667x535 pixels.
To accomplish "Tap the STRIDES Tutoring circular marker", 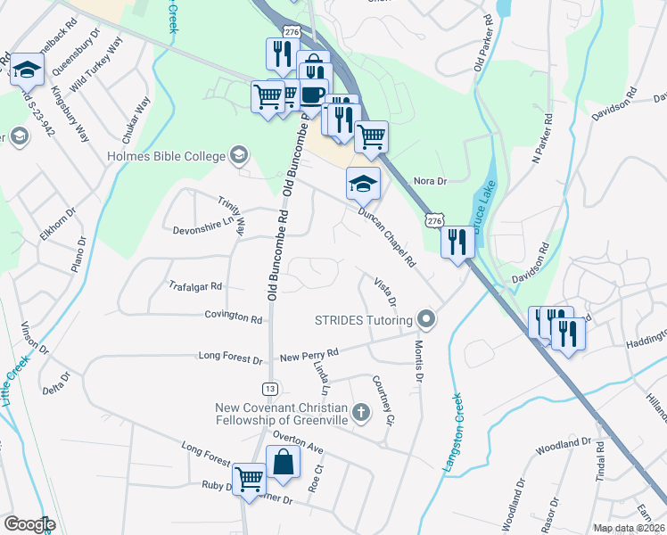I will pos(427,319).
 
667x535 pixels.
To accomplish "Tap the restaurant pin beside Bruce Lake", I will pos(457,242).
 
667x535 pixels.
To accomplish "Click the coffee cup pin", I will pos(312,93).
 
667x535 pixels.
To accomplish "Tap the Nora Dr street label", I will pos(429,181).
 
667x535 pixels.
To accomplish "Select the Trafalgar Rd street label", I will pos(194,286).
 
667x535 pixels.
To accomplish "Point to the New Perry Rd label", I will pos(309,355).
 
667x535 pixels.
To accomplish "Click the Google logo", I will pos(29,524).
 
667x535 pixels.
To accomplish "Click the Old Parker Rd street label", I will pos(483,43).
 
